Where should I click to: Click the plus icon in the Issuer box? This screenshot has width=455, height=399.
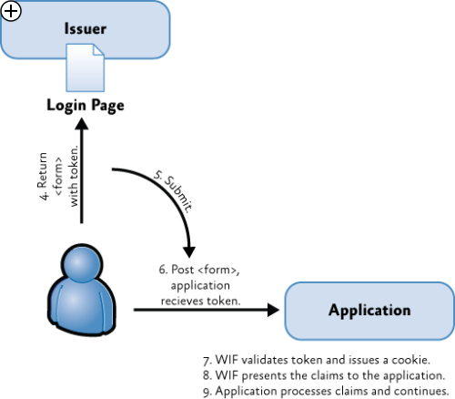click(11, 11)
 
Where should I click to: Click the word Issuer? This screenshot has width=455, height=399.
click(86, 29)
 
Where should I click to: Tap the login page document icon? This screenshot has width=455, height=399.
click(86, 67)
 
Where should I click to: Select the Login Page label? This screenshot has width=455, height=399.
click(86, 106)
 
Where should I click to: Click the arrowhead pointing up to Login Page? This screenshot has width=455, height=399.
click(82, 124)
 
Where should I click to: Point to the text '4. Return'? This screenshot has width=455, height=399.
click(43, 176)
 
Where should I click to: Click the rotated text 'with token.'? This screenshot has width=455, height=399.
click(74, 176)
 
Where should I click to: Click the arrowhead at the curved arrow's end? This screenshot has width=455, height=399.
click(189, 252)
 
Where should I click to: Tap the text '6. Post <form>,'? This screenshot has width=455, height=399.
click(199, 270)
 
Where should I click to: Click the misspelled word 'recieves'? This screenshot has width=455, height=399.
click(183, 301)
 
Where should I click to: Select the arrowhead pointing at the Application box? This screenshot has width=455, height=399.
click(273, 310)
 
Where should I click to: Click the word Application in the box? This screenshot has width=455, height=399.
click(369, 311)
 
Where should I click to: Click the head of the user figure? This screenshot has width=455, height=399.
click(82, 264)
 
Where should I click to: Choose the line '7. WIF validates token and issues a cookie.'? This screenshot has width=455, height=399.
click(317, 360)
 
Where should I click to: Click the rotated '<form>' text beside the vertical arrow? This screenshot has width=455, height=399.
click(58, 176)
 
